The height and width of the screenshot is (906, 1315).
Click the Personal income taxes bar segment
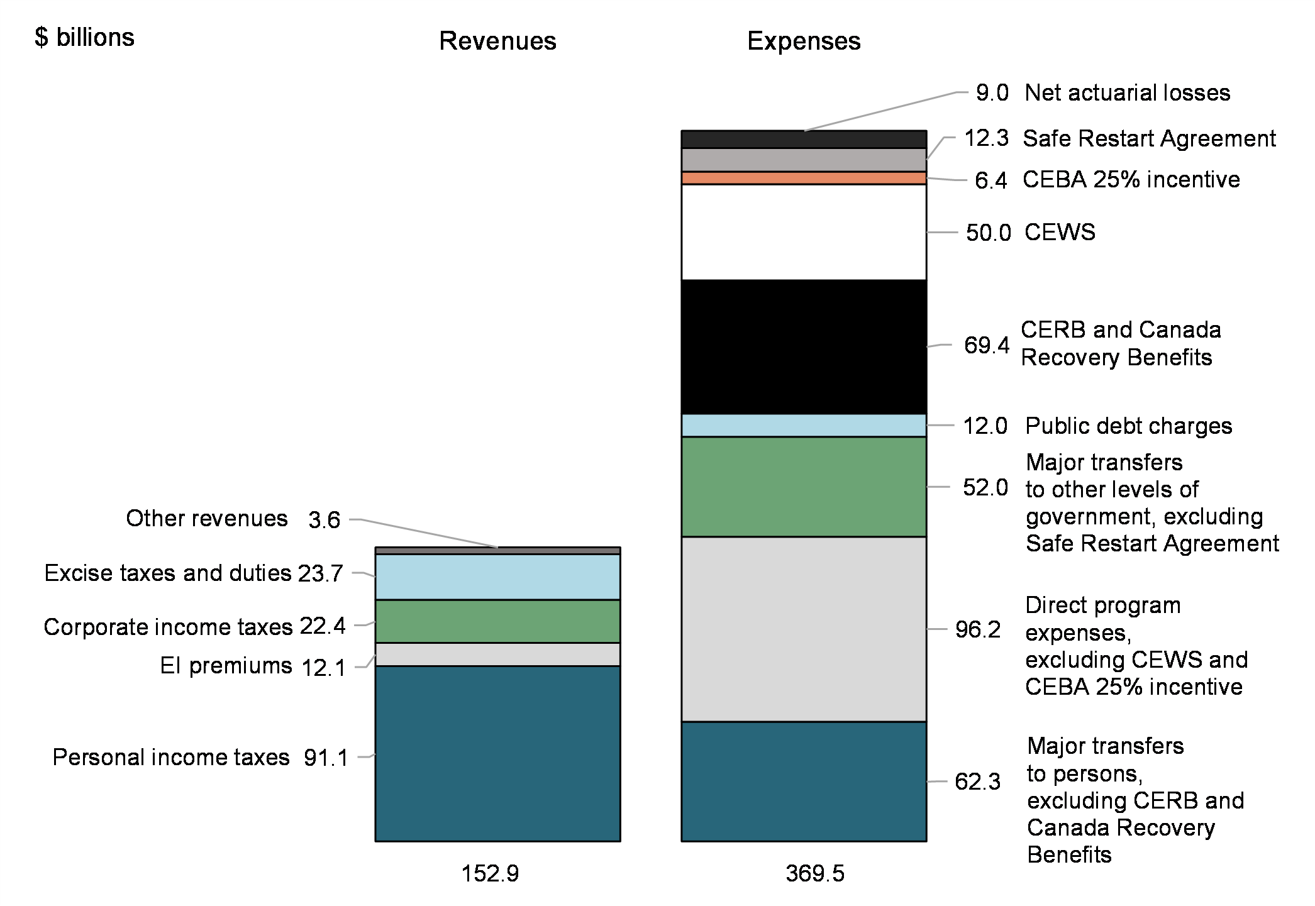coord(497,753)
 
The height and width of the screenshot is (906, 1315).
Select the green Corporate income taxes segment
coord(497,621)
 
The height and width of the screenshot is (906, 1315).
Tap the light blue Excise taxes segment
coord(497,577)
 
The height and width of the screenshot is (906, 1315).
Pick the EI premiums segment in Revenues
coord(497,655)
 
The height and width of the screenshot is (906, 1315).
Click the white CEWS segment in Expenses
coord(804,232)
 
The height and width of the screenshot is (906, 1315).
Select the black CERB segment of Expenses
coord(804,347)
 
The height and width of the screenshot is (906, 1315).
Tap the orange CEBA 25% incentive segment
coord(804,179)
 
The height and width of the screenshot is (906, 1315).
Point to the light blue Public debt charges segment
coord(804,426)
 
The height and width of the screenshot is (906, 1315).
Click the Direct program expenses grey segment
coord(804,629)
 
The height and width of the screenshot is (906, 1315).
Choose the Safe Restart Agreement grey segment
coord(804,160)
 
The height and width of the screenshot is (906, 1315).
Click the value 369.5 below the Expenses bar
coord(814,873)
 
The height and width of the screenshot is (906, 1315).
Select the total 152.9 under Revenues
coord(490,873)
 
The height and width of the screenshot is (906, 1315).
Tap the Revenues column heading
coord(497,41)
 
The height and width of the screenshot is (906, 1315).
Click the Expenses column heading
coord(803,41)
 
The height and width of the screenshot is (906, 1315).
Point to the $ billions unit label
coord(84,38)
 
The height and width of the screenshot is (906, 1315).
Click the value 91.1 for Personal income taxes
coord(326,758)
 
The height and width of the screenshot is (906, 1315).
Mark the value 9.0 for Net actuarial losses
coord(992,93)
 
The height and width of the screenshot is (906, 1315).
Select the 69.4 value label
coord(986,345)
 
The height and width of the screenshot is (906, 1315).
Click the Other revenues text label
coord(206,519)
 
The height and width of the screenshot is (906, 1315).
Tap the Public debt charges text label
coord(1128,426)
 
